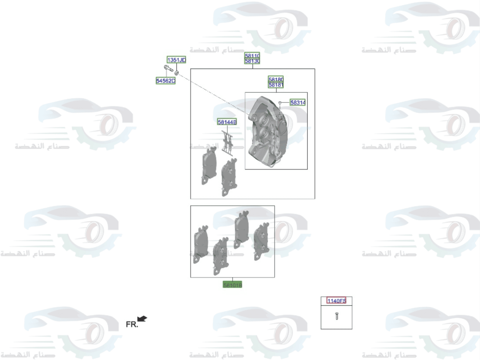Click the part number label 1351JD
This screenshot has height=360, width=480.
(x=176, y=60)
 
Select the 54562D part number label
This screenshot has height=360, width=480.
(x=166, y=81)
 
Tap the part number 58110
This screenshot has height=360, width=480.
(x=252, y=56)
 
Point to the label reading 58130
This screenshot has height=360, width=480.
(x=252, y=61)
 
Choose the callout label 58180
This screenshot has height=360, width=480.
(x=276, y=79)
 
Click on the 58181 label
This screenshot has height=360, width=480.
(x=276, y=85)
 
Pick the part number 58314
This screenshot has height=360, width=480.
(x=298, y=103)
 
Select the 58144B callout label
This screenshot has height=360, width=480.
(x=227, y=122)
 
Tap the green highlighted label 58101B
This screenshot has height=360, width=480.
(x=233, y=285)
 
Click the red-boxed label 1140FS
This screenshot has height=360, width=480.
(x=336, y=301)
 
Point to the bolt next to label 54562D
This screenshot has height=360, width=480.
(x=168, y=70)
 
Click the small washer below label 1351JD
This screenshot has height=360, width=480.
(x=177, y=72)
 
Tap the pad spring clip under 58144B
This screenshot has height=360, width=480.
(x=228, y=143)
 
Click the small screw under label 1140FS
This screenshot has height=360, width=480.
(x=336, y=316)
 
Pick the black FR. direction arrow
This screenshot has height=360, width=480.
(x=143, y=318)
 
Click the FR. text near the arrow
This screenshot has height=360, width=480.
(x=132, y=324)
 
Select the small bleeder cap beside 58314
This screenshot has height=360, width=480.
(x=280, y=103)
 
